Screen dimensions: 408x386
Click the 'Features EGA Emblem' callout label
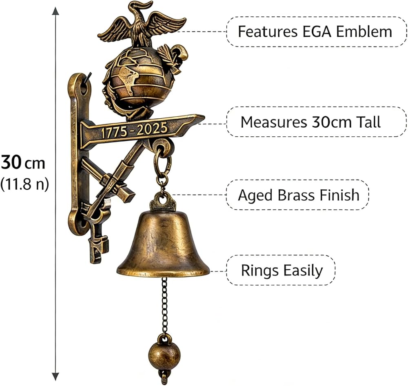315,31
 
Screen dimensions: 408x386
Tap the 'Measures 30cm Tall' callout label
310,122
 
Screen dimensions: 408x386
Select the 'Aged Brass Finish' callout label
299,195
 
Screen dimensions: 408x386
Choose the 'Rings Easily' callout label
282,270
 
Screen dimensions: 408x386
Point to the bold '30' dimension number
11,162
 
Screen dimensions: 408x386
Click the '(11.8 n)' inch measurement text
24,184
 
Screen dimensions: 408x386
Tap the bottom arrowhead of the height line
55,377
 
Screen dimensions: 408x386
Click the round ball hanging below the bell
164,356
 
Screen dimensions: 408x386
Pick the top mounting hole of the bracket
84,88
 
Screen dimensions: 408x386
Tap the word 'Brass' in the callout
296,195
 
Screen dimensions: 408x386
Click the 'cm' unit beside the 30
35,164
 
